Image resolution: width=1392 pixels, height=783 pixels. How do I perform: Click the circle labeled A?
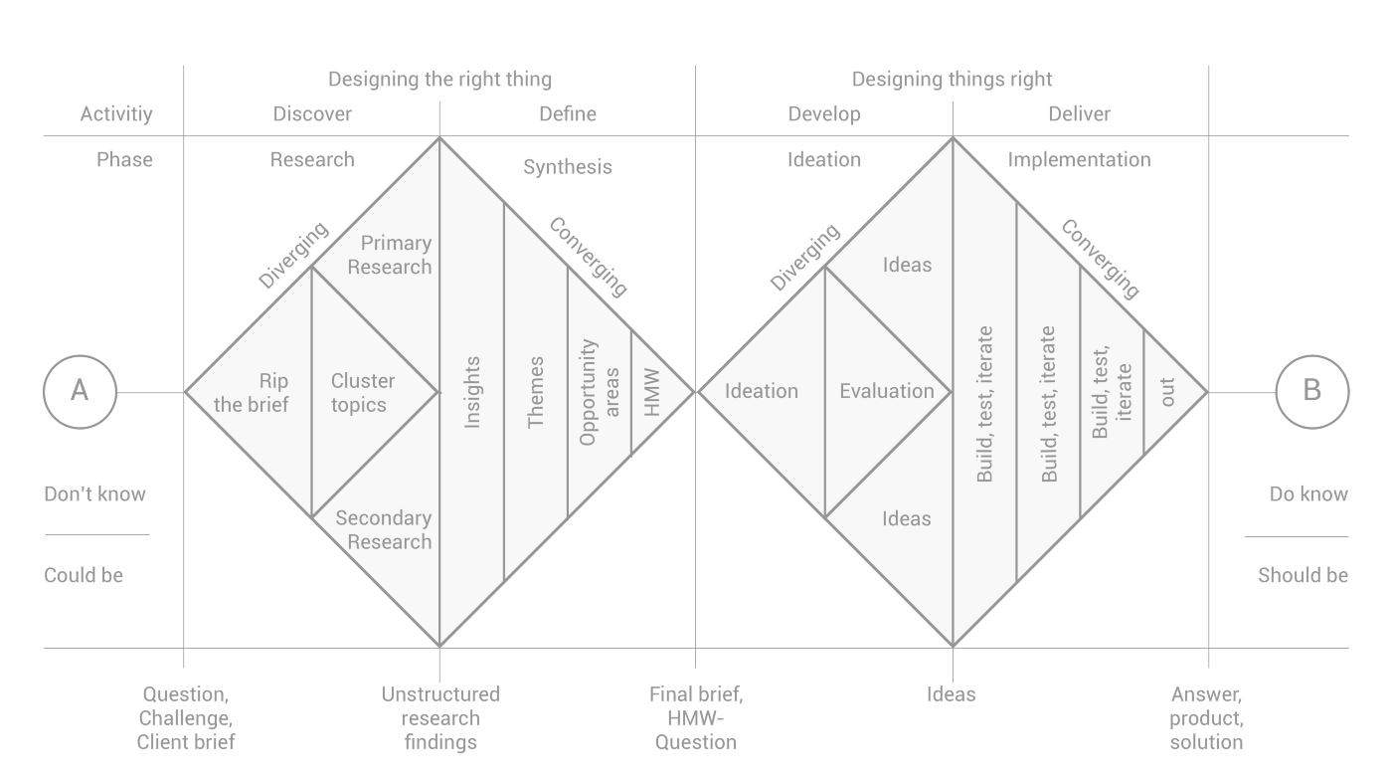(80, 392)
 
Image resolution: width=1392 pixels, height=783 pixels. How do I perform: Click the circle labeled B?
(1311, 392)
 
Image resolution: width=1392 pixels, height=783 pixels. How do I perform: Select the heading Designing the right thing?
(439, 79)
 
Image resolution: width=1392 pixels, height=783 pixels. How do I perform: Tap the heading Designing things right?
(952, 79)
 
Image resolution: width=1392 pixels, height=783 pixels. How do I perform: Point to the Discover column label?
(312, 113)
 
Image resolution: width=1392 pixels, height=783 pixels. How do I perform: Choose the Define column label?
(568, 113)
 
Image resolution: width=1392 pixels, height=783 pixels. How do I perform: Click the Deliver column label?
(1079, 113)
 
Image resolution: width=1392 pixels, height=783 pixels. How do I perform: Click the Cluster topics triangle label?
(363, 393)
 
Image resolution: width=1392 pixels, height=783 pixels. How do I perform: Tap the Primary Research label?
(390, 255)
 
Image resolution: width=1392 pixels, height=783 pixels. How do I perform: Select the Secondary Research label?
(384, 529)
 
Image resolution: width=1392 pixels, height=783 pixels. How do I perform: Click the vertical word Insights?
(472, 392)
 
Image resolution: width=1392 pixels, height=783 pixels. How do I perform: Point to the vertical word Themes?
(536, 392)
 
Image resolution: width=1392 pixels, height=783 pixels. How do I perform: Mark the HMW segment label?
(652, 392)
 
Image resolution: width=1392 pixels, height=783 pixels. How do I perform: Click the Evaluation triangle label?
(886, 391)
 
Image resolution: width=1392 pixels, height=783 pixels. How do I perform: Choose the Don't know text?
(94, 494)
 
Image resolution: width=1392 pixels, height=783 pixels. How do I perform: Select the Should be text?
(1303, 575)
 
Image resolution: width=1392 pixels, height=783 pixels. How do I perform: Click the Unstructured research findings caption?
(440, 718)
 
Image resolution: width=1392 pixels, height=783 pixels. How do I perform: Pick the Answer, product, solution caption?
(1206, 718)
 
